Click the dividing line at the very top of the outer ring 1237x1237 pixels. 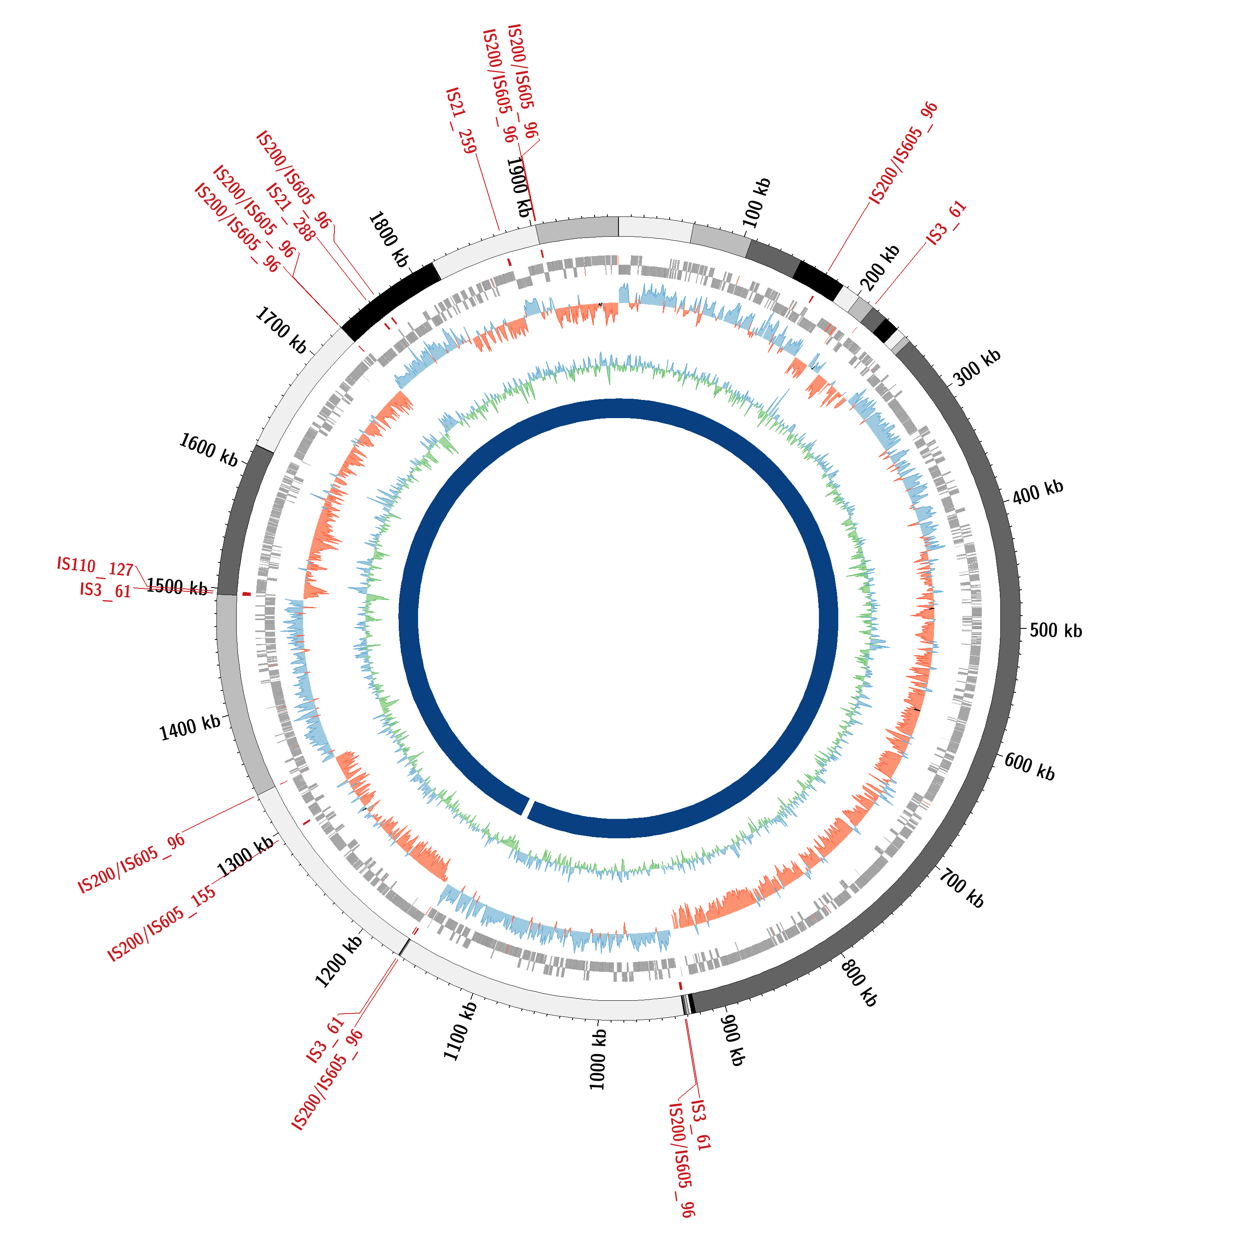click(x=618, y=227)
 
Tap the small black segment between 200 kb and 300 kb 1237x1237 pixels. click(x=885, y=330)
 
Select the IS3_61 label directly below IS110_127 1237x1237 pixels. click(x=106, y=590)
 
